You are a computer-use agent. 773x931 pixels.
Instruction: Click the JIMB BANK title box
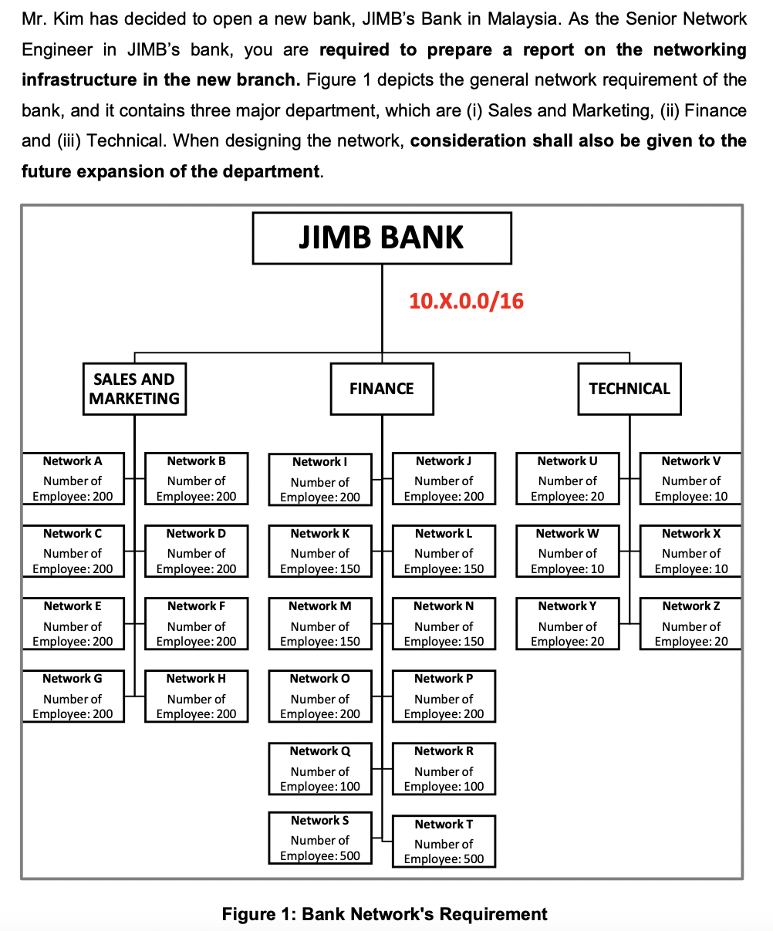point(381,238)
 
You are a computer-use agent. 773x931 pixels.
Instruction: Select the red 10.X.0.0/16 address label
point(466,301)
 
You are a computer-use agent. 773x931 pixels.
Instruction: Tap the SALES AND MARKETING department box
point(134,389)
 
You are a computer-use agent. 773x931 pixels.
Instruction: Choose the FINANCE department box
point(381,389)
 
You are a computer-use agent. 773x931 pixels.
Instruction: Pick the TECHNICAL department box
point(630,389)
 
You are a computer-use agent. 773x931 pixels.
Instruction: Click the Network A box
point(73,479)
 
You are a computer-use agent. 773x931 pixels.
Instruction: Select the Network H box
point(196,697)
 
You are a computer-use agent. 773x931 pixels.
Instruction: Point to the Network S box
point(319,838)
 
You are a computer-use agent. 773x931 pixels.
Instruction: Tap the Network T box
point(444,842)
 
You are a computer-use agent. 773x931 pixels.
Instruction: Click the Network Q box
point(319,769)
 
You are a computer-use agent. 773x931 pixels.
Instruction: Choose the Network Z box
point(691,624)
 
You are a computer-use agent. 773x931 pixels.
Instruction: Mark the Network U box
point(567,479)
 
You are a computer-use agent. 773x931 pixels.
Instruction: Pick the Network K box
point(319,552)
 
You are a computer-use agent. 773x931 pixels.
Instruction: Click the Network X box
point(691,552)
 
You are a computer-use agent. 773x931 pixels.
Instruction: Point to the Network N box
point(444,624)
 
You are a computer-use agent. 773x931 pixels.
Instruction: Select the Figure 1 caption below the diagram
point(384,915)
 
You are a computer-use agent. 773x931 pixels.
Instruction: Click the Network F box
point(196,624)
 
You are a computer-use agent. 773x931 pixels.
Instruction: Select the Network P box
point(444,697)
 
